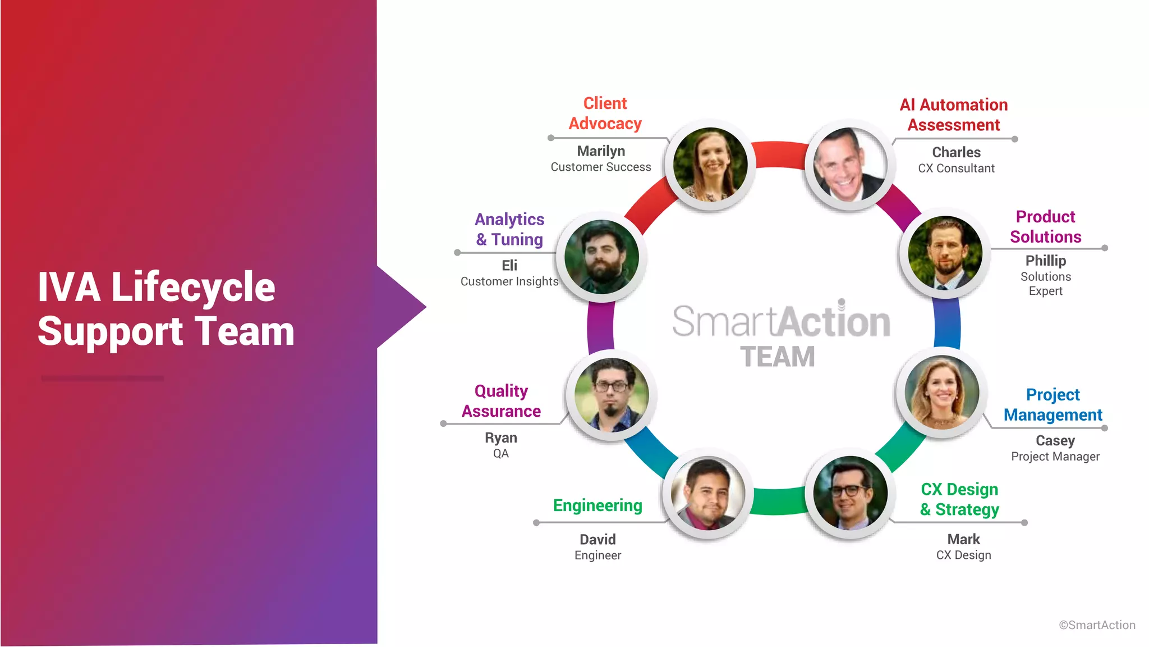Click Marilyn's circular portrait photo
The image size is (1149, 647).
tap(710, 165)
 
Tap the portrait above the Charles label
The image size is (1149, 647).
tap(849, 165)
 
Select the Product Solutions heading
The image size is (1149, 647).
tap(1045, 226)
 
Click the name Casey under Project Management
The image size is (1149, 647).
tap(1055, 441)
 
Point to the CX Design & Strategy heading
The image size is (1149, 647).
tap(959, 499)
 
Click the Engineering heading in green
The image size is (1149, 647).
tap(598, 505)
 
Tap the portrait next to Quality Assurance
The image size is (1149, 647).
tap(612, 395)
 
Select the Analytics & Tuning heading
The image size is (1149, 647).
tap(509, 229)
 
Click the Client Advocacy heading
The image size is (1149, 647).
tap(605, 113)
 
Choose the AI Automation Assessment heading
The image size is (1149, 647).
tap(954, 115)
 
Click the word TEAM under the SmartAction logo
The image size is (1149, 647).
tap(777, 357)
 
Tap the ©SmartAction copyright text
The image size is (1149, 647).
tap(1097, 625)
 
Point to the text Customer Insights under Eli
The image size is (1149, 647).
tap(509, 281)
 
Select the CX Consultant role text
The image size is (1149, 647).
tap(956, 168)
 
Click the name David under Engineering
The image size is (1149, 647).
tap(598, 540)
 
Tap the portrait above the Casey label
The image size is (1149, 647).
tap(941, 393)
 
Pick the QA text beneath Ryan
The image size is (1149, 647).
tap(500, 454)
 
